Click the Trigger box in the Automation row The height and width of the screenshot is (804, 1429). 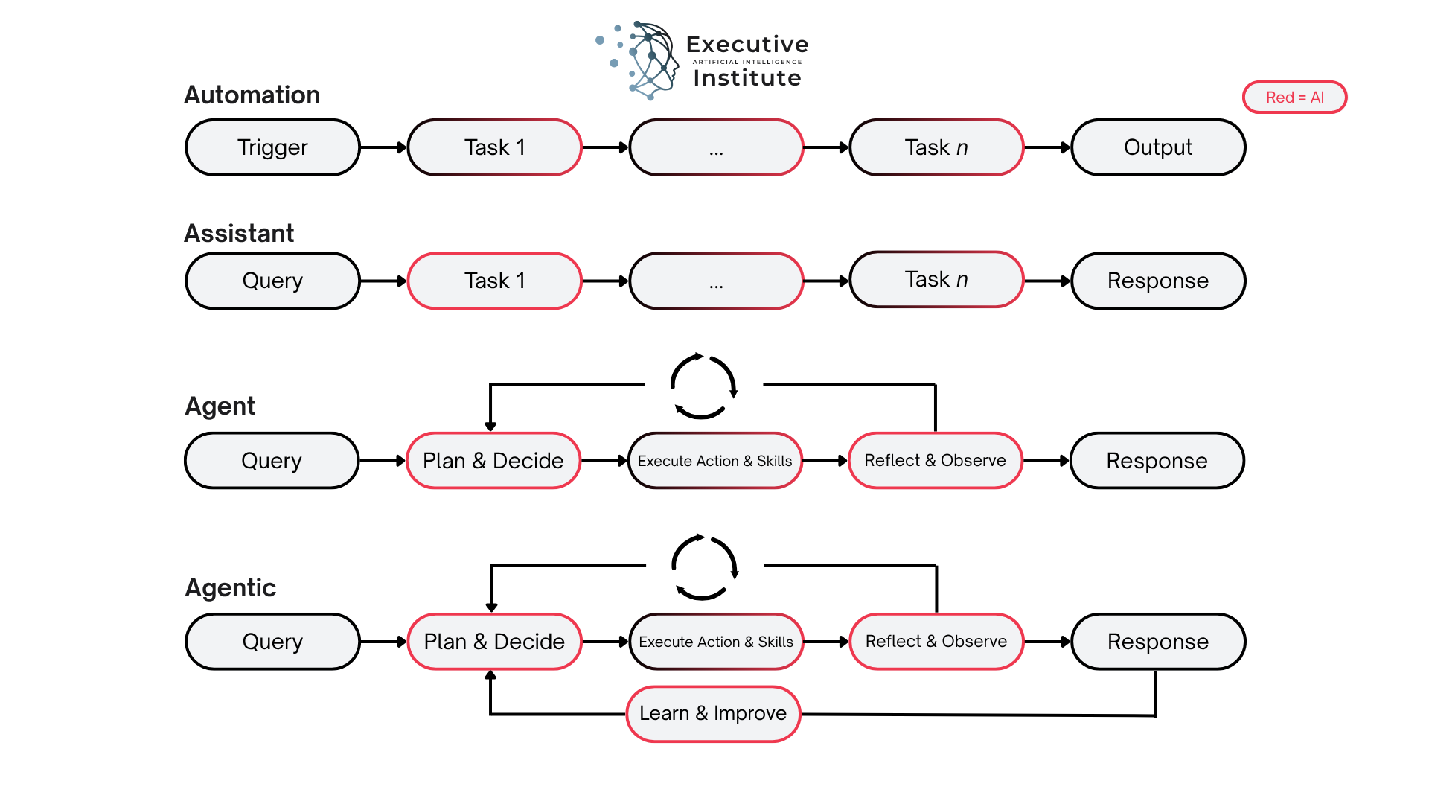point(272,147)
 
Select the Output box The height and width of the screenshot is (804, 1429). point(1157,147)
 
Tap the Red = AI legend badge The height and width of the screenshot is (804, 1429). point(1294,98)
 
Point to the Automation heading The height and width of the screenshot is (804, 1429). point(252,95)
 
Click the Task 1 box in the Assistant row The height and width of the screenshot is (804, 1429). point(494,281)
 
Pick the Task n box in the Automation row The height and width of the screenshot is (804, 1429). point(936,147)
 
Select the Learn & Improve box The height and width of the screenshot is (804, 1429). point(712,713)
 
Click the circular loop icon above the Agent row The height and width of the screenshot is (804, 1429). point(703,386)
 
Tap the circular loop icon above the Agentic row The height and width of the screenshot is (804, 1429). point(704,567)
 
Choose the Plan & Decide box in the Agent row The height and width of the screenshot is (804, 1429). point(493,461)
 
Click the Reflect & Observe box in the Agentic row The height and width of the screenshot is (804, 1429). point(936,641)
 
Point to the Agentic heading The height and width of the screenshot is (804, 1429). point(230,588)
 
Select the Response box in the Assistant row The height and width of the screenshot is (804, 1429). point(1157,281)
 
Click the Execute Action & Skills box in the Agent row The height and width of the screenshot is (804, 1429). point(714,461)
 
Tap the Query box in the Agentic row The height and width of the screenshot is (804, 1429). point(272,641)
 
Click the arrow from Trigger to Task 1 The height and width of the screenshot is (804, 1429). point(383,147)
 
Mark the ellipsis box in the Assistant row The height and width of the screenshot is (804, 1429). point(715,281)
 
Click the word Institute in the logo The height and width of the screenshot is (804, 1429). point(747,78)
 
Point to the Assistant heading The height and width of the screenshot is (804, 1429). point(239,234)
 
